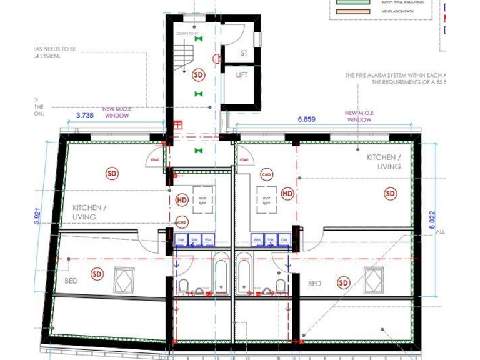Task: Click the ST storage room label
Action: tap(244, 54)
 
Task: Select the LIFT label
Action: tap(242, 75)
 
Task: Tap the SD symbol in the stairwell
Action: tap(198, 75)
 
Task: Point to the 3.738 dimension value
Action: tap(84, 115)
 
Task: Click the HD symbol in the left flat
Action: tap(182, 200)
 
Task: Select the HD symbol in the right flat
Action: tap(287, 194)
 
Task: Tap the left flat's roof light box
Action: tap(203, 200)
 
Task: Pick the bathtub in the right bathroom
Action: tap(244, 273)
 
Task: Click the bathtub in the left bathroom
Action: tap(221, 273)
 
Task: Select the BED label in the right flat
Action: tap(314, 284)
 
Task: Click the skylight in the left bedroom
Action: tap(124, 279)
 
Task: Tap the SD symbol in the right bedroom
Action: tap(344, 283)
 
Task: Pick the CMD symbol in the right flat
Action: tap(266, 175)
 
